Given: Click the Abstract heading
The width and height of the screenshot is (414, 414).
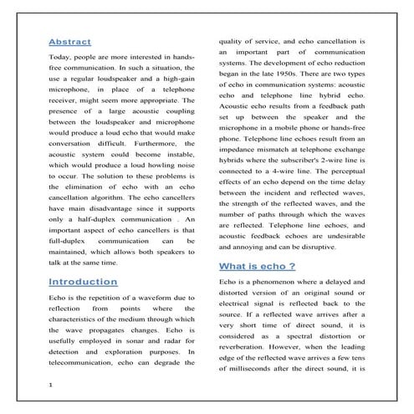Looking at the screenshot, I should (x=70, y=42).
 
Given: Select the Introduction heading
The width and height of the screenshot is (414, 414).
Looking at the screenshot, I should (x=83, y=282).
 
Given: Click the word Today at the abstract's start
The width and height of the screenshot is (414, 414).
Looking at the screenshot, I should (x=63, y=58).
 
